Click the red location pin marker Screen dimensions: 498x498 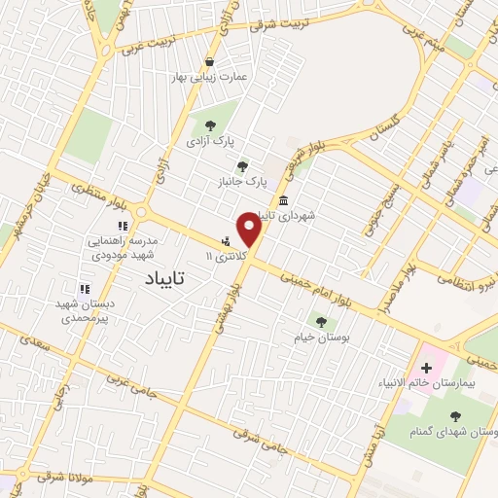click(x=250, y=230)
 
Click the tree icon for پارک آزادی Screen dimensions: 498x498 click(x=209, y=124)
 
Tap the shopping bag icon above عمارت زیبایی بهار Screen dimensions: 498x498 click(x=223, y=61)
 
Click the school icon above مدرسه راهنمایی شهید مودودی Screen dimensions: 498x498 click(x=123, y=226)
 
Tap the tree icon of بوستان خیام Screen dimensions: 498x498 click(x=321, y=322)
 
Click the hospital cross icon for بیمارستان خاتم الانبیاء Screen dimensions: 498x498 click(x=425, y=369)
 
